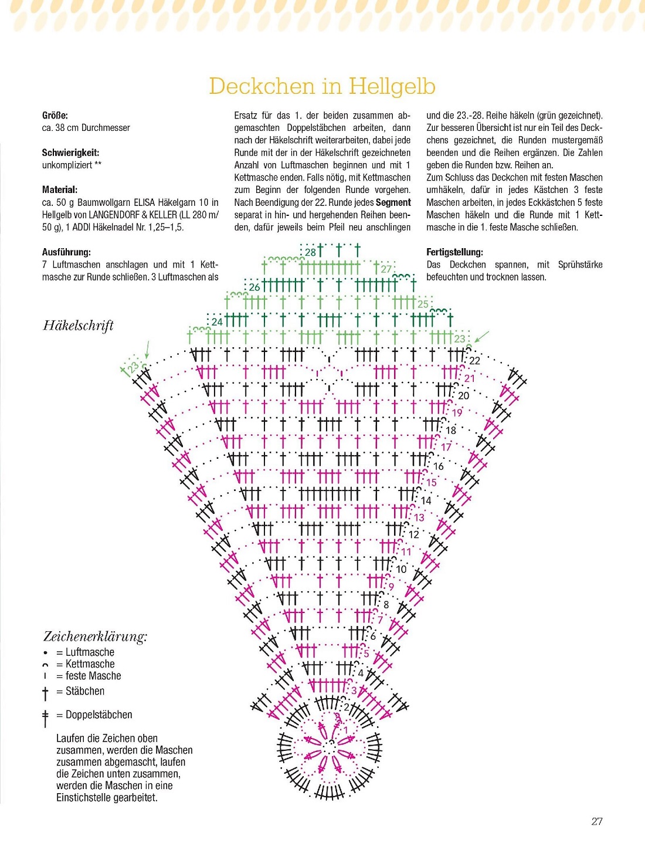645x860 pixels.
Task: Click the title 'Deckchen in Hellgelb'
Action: (322, 86)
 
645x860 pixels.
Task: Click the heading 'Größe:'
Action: (55, 116)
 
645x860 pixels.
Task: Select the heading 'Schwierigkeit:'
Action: (70, 153)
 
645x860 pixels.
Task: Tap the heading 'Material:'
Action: (59, 189)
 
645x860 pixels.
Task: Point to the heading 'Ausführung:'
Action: (66, 252)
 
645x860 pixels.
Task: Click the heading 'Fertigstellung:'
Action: (454, 252)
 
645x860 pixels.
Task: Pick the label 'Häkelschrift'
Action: (78, 326)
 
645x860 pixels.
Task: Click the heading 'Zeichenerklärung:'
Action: (95, 636)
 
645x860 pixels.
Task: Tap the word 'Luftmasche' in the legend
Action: (90, 652)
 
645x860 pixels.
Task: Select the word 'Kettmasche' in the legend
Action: (90, 664)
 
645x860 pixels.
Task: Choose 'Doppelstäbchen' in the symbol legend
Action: (99, 715)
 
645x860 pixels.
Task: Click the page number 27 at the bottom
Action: (597, 821)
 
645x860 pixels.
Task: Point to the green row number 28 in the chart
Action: (310, 252)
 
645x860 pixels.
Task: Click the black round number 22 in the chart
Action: (474, 361)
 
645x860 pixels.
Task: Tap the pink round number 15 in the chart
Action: (431, 483)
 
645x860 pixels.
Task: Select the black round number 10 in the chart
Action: (401, 569)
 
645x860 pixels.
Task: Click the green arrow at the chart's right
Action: (481, 336)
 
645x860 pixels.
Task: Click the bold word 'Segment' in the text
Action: (393, 202)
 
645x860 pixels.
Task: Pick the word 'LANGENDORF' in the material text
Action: (116, 215)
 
